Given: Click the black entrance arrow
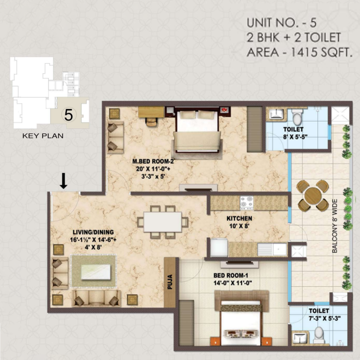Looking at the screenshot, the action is tap(64, 181).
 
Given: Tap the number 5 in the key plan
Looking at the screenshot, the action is tap(69, 115).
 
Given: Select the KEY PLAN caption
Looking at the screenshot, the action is tap(43, 136).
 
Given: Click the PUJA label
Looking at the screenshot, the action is tap(170, 282).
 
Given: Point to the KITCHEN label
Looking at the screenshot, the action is tap(239, 218).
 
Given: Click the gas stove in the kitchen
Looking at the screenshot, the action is tap(246, 203).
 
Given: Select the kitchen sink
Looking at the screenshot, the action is tap(272, 249).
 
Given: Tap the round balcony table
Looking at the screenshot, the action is tap(313, 195).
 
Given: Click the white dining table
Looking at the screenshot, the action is tap(163, 222).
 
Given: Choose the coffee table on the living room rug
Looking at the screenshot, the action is tap(96, 272).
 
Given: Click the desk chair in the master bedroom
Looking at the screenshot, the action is tap(151, 122).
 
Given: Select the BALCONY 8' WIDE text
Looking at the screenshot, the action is tap(335, 226).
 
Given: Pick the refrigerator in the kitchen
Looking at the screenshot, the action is tap(219, 247).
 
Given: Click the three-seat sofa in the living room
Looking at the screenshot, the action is tap(96, 298).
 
